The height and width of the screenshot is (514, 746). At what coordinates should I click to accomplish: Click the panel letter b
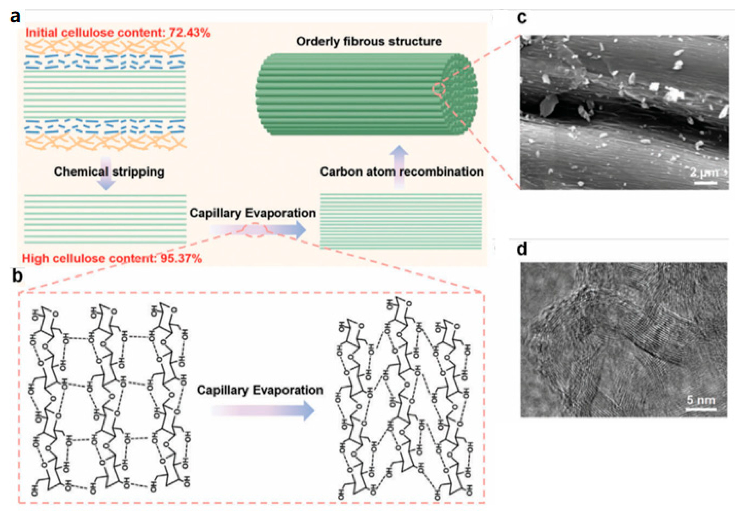(x=17, y=276)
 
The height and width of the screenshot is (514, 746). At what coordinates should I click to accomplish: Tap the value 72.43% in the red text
(x=190, y=33)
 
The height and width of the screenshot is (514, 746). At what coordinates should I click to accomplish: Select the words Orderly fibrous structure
(x=369, y=42)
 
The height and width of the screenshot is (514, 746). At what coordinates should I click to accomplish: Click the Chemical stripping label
(x=109, y=172)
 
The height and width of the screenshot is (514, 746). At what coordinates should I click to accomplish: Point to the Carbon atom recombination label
(x=401, y=172)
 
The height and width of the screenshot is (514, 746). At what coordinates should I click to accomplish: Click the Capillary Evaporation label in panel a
(x=252, y=213)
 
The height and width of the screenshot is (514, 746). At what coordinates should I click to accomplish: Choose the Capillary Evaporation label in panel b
(x=260, y=390)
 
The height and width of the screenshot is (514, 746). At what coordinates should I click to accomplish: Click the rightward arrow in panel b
(x=263, y=411)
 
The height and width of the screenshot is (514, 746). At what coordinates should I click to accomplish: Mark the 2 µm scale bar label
(x=704, y=172)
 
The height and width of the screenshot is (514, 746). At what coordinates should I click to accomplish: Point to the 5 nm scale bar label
(x=701, y=400)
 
